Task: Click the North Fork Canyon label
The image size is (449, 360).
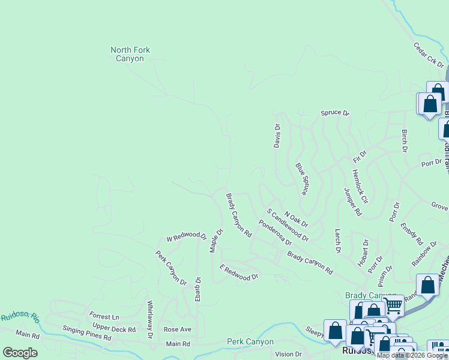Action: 130,55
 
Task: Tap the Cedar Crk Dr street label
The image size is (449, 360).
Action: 428,55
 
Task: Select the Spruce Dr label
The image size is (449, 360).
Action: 334,112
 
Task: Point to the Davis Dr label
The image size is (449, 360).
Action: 277,136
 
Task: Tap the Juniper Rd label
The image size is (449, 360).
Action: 354,202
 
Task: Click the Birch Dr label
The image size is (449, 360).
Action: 405,140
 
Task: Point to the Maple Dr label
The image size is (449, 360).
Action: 217,240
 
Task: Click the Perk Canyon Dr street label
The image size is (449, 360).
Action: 171,268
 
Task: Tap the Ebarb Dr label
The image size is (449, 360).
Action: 198,289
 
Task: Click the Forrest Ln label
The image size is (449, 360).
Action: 104,316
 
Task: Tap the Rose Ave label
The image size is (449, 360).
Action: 177,329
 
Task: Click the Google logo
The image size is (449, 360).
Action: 20,353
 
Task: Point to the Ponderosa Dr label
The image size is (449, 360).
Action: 275,233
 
